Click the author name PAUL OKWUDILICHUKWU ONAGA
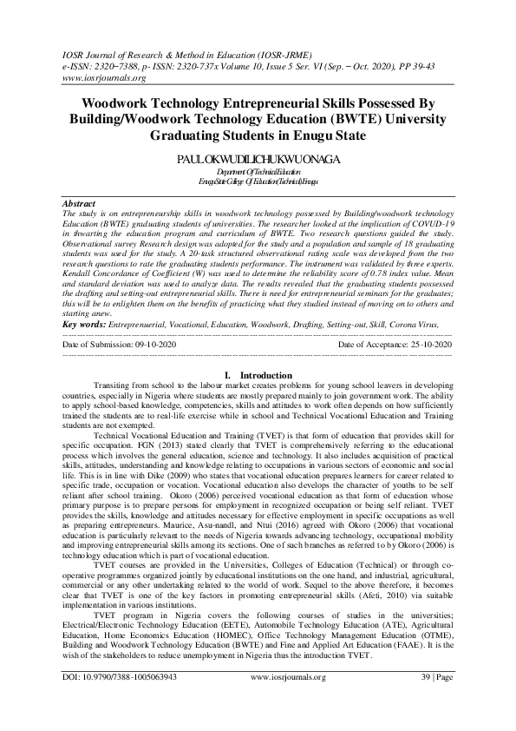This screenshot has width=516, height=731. [x=258, y=160]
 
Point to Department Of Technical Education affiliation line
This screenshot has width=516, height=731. [x=258, y=174]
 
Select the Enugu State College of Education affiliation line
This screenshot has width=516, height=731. [x=258, y=182]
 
